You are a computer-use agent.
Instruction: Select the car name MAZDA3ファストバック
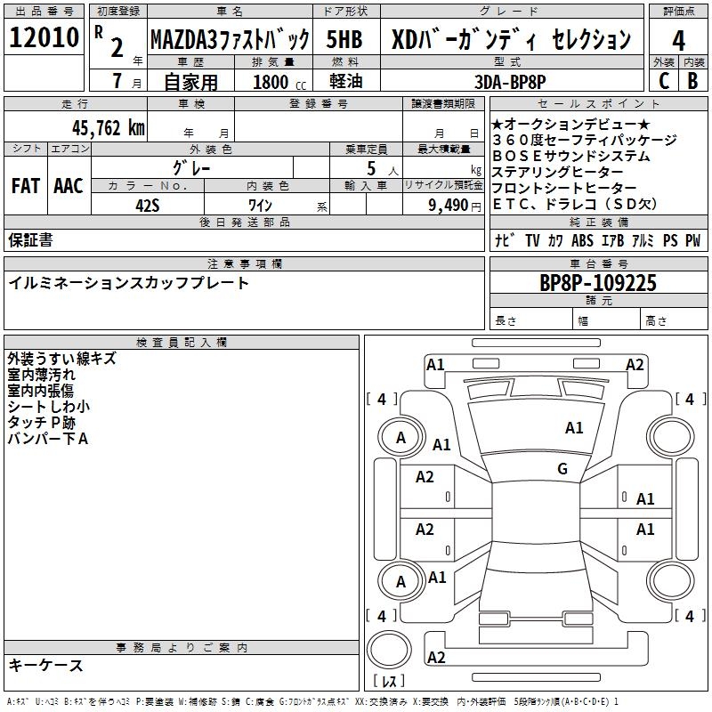[230, 40]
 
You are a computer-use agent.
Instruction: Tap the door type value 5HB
[344, 40]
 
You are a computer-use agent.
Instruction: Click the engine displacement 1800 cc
[275, 83]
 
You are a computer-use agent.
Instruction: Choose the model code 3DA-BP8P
[510, 83]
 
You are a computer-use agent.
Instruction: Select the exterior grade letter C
[663, 81]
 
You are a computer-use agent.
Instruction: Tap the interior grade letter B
[693, 81]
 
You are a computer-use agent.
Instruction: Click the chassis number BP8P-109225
[598, 284]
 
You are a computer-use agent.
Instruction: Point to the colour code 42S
[148, 204]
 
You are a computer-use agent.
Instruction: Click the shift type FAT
[25, 186]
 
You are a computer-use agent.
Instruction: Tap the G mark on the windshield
[562, 469]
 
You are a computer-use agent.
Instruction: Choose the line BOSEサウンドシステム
[558, 157]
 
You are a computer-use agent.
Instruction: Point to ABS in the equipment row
[582, 241]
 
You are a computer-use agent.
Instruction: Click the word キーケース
[45, 665]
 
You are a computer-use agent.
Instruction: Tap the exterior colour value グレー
[192, 167]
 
